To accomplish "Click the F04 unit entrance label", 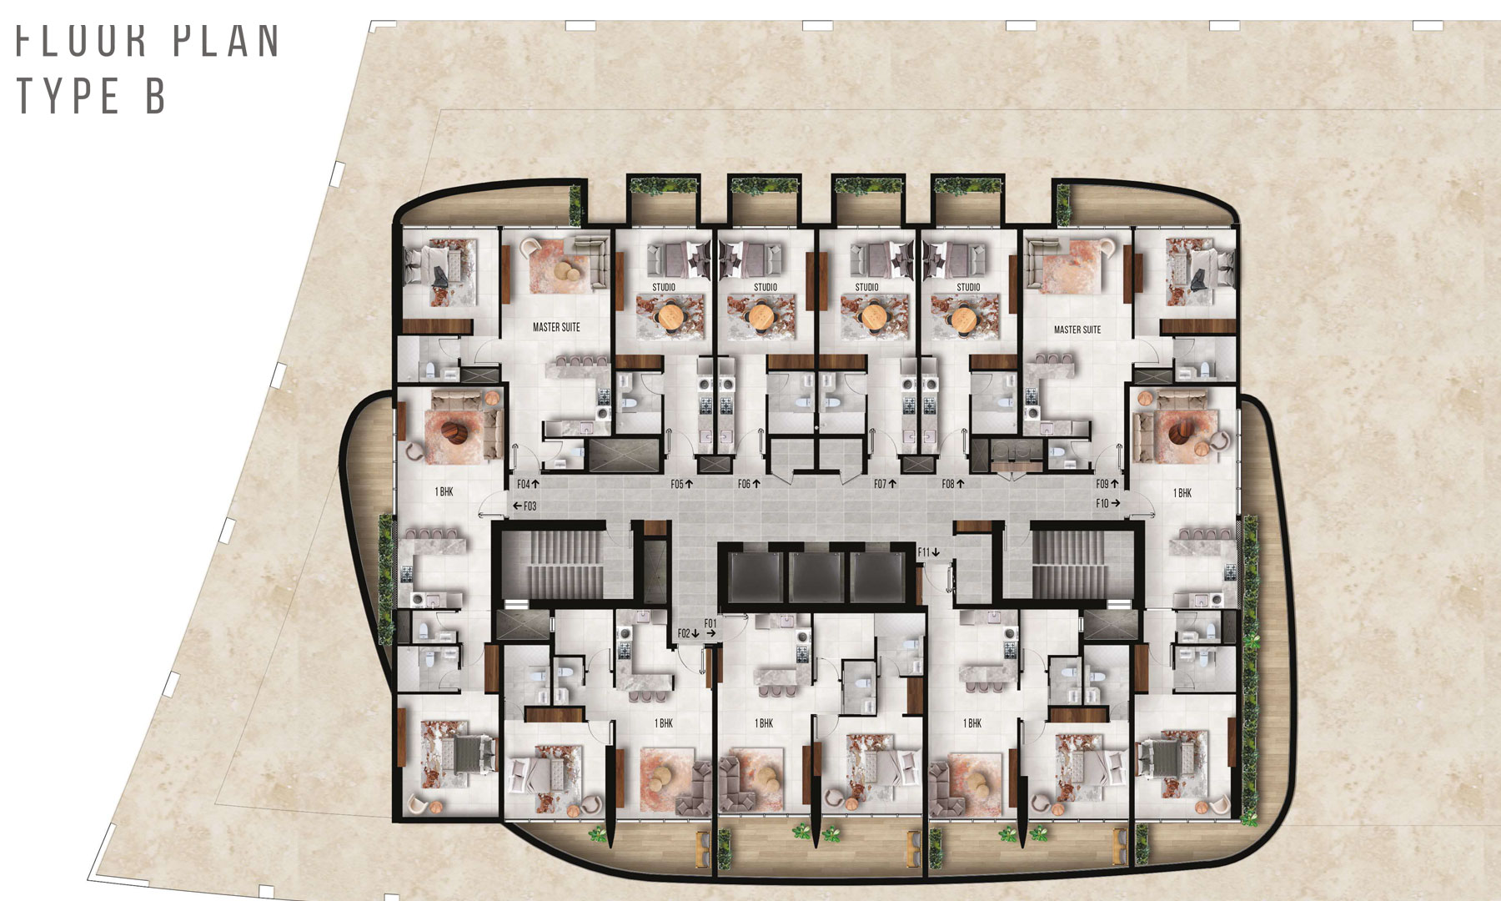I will [523, 484].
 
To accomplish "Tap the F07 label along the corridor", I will [880, 484].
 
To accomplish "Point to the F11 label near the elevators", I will [923, 552].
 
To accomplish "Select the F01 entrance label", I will [710, 623].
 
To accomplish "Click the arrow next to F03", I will [517, 506].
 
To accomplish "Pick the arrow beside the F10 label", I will [1116, 503].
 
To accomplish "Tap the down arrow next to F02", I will [695, 634].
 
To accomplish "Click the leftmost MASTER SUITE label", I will [556, 327].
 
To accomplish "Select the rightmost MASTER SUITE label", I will [1077, 330].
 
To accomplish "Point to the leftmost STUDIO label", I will [664, 287].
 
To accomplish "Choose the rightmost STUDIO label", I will [968, 287].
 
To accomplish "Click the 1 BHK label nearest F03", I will [444, 492].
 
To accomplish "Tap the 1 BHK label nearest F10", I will [1182, 493].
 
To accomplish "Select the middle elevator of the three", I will [819, 576].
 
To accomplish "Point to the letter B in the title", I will [155, 96].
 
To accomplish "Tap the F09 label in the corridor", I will [1102, 484].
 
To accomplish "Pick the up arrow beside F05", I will [690, 484].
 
